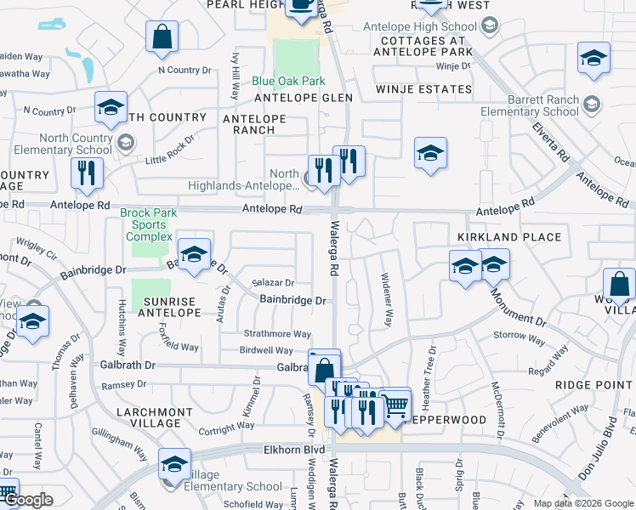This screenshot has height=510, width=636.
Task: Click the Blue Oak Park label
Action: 288,82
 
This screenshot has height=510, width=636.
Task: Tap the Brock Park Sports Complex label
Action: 145,224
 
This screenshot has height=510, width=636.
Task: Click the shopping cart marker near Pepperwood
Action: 395,406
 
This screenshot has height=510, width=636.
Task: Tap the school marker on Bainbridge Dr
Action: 194,254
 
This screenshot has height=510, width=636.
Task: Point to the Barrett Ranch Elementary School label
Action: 529,105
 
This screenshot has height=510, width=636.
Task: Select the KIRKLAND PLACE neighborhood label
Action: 509,237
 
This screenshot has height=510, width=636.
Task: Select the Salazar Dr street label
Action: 273,283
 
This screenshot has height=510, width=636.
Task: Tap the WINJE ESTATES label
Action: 424,89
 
